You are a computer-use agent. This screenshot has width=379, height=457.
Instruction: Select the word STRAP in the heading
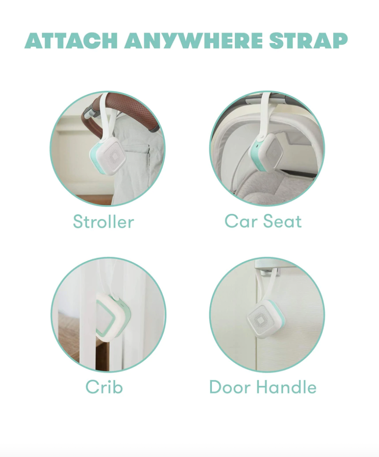tap(308, 41)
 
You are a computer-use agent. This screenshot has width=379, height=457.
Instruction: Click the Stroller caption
tap(104, 222)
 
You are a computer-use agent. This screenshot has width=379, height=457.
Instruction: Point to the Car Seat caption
tap(263, 221)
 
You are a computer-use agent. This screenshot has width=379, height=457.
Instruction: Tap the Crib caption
tap(104, 387)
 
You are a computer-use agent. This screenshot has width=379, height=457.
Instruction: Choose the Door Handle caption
tap(263, 387)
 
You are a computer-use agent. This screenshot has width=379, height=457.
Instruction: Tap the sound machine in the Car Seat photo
tap(267, 153)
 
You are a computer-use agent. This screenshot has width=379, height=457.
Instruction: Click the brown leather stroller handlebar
tap(122, 108)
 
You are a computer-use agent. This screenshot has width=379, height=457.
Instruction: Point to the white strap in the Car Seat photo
tap(265, 114)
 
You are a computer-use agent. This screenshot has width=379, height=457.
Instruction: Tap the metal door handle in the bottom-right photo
tap(267, 270)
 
